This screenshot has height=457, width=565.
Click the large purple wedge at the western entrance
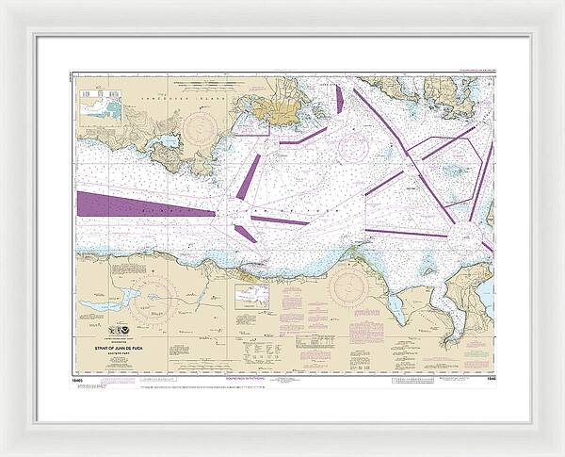point(132,205)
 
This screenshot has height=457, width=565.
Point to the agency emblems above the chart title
point(121,331)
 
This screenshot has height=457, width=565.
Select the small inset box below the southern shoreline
point(251,298)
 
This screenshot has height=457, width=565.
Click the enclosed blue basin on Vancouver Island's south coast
point(168,142)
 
